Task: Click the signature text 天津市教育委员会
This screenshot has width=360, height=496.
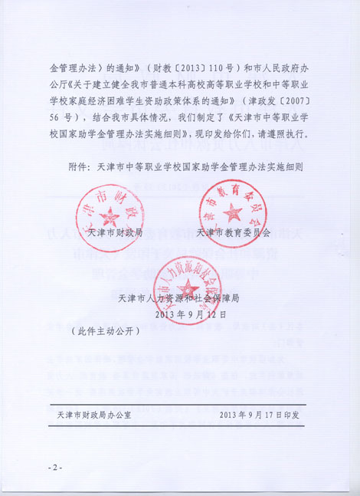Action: pos(234,232)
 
